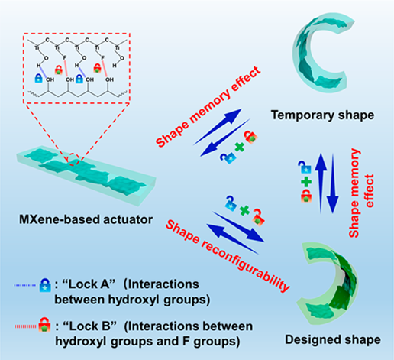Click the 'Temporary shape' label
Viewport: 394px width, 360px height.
tap(322, 115)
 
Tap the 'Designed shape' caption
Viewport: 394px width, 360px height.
tap(333, 339)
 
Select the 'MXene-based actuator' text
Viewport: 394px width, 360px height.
tap(86, 219)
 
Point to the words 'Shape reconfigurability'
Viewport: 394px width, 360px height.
tap(227, 255)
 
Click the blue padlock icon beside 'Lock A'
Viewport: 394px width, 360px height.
tap(45, 285)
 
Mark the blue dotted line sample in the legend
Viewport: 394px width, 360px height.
tap(24, 285)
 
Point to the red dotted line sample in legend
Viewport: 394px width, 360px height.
tap(26, 326)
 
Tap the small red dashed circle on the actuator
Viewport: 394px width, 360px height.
tap(73, 160)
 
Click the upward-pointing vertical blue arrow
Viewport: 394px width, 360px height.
tap(321, 183)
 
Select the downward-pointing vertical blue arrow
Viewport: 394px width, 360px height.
tap(333, 183)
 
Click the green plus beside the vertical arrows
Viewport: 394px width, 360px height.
tap(306, 182)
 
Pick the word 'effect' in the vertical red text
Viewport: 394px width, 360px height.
tap(370, 190)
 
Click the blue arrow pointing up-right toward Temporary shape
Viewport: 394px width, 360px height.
tap(218, 127)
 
